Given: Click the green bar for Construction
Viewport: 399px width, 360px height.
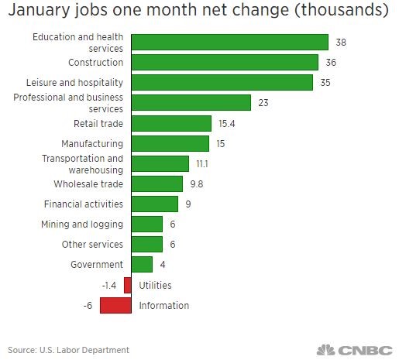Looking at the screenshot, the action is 225,62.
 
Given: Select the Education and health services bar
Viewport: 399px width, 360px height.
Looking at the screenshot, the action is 230,42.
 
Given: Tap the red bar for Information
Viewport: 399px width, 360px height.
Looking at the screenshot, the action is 115,305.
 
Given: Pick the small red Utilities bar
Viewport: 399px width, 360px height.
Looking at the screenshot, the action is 128,285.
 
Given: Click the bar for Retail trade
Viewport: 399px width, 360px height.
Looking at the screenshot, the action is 171,123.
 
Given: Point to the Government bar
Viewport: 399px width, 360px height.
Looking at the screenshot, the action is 142,264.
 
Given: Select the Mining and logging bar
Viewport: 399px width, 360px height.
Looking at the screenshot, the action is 147,224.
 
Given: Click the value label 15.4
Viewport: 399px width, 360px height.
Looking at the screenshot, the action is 227,124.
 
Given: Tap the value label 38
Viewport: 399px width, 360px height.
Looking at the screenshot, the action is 341,43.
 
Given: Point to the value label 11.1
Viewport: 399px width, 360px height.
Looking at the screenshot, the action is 202,164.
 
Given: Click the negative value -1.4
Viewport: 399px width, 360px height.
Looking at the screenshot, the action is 109,286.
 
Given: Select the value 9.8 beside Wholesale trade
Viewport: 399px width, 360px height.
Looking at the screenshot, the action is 197,184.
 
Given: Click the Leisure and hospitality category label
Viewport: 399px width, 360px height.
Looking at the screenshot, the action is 74,83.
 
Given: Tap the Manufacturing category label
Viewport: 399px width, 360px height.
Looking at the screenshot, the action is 92,144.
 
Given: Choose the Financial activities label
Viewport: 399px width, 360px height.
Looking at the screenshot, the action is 84,204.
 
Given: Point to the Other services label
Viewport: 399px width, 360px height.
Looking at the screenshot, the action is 92,245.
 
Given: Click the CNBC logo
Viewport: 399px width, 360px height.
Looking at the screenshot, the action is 355,350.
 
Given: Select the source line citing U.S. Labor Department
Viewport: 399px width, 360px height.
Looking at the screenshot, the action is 68,350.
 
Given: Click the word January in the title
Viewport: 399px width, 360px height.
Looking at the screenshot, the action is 39,10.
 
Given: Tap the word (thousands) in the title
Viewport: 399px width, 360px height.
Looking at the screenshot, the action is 342,10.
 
